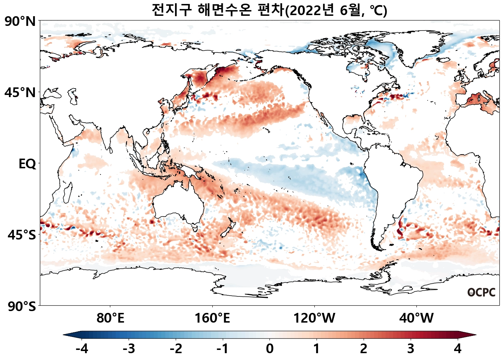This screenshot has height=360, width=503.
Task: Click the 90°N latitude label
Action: pyautogui.click(x=20, y=22)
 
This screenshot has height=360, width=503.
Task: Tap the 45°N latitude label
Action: pyautogui.click(x=20, y=93)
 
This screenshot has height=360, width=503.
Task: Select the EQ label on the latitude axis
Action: pyautogui.click(x=27, y=164)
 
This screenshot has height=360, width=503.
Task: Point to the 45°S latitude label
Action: pyautogui.click(x=22, y=235)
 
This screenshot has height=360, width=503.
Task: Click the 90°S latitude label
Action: pyautogui.click(x=22, y=306)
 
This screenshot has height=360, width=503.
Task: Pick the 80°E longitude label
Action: pyautogui.click(x=110, y=318)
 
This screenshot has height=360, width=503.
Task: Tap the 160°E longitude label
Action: pyautogui.click(x=212, y=318)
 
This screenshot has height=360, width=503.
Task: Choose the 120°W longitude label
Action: pyautogui.click(x=314, y=318)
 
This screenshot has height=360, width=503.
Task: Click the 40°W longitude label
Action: pyautogui.click(x=416, y=318)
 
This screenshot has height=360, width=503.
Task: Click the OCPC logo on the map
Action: pyautogui.click(x=481, y=292)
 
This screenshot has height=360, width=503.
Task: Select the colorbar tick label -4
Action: pyautogui.click(x=82, y=348)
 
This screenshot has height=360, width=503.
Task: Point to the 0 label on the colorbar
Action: pyautogui.click(x=269, y=348)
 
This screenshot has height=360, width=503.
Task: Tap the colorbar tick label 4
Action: pyautogui.click(x=457, y=348)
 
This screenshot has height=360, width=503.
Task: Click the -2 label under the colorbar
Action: pyautogui.click(x=176, y=348)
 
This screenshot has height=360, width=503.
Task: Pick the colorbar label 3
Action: pyautogui.click(x=411, y=348)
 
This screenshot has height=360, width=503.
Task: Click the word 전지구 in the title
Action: pyautogui.click(x=172, y=10)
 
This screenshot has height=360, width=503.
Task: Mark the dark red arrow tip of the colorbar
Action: pyautogui.click(x=471, y=335)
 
